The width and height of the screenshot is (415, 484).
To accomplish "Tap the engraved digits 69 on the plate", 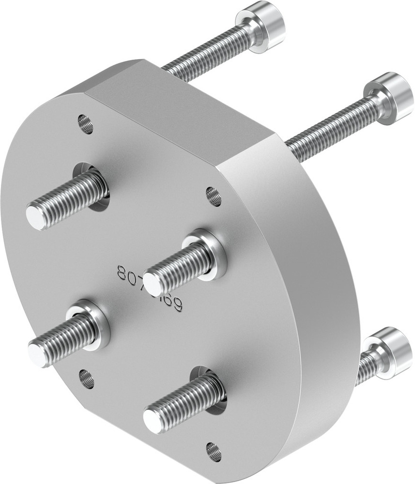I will tap(175, 303).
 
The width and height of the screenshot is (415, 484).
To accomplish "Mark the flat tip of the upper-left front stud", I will tap(35, 215).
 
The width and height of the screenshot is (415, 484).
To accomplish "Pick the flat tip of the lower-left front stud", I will tap(37, 352).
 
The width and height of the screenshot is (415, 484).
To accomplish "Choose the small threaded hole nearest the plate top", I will tap(85, 124).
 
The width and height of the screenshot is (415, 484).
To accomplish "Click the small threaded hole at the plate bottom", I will tap(213, 451).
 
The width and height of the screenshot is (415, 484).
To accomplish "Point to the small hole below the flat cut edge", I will tap(213, 196).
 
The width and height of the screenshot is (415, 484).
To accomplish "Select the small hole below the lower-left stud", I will tap(87, 379).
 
